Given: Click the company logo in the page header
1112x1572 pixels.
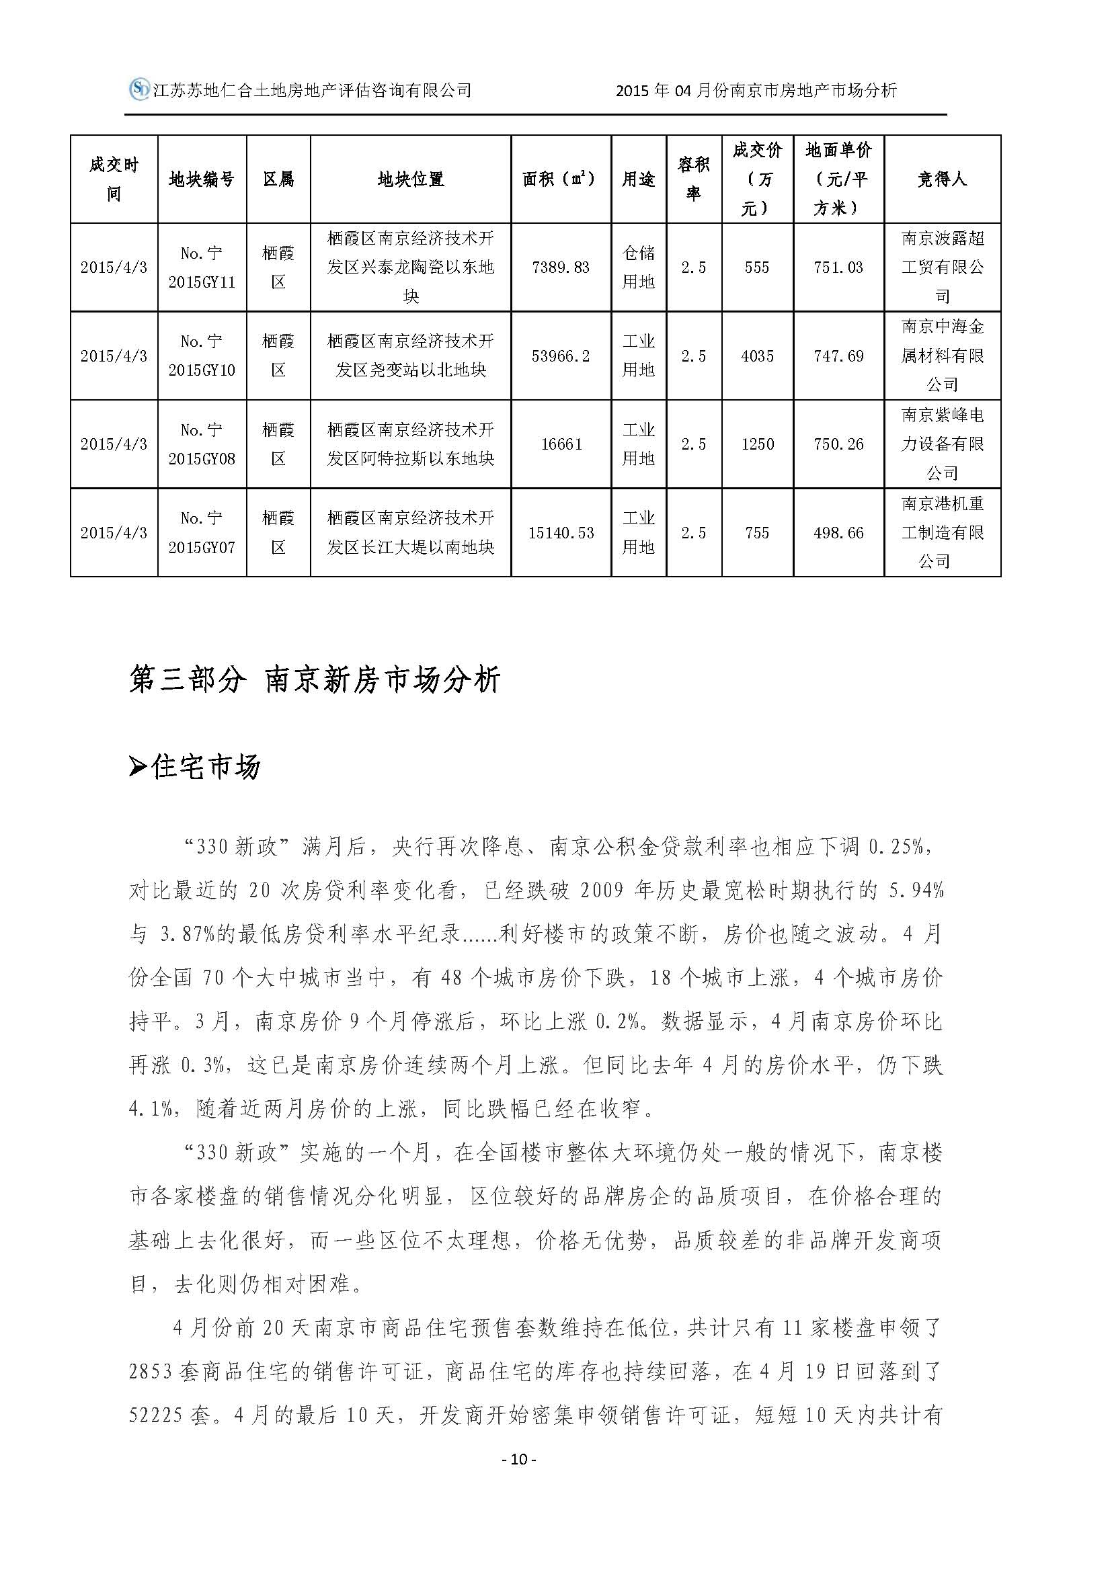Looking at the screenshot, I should tap(140, 89).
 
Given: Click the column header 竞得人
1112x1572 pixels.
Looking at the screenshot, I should tap(941, 179).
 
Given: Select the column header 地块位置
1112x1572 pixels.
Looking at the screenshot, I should tap(410, 179).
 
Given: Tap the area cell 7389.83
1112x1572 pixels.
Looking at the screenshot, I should tap(560, 267).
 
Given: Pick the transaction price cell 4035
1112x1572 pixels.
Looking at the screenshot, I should tap(756, 356).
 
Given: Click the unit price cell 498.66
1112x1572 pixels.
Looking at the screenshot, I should tap(838, 533).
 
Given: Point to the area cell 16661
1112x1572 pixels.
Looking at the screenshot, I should tap(561, 444).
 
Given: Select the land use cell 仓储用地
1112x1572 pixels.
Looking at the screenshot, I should tap(638, 267).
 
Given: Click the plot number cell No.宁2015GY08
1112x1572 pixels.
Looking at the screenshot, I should tap(201, 444).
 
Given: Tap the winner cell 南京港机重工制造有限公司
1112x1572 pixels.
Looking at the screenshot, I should tap(941, 533).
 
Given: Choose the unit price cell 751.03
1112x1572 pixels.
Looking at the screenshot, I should tap(838, 267).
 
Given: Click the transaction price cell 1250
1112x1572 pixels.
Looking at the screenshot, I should tap(756, 444).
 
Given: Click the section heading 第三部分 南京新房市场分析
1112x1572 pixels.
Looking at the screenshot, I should tap(315, 679).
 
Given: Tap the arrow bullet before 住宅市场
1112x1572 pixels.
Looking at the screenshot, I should tap(138, 768).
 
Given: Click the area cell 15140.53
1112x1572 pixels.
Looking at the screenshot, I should tap(561, 533).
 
